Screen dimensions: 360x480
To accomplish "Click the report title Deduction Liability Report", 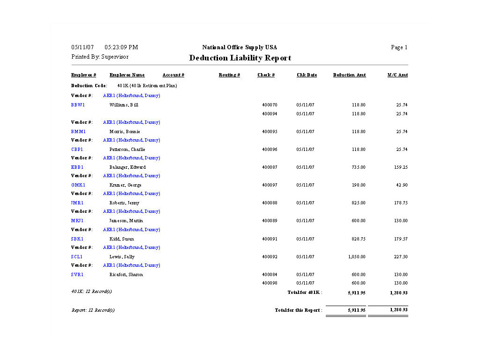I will pyautogui.click(x=240, y=58).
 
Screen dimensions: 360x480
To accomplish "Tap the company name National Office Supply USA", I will pyautogui.click(x=240, y=47).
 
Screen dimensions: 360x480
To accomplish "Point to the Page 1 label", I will pyautogui.click(x=399, y=47).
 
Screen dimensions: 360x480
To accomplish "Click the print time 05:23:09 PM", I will pyautogui.click(x=121, y=47).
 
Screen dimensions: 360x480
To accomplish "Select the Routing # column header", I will pyautogui.click(x=229, y=75).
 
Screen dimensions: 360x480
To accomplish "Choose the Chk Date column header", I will pyautogui.click(x=307, y=75).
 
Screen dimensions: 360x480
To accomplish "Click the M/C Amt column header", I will pyautogui.click(x=397, y=75).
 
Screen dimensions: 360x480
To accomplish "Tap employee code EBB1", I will pyautogui.click(x=77, y=167).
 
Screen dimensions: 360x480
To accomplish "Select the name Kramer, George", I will pyautogui.click(x=125, y=185).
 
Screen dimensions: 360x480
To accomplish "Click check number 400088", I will pyautogui.click(x=270, y=203).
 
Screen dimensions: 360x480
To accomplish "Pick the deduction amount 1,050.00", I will pyautogui.click(x=356, y=257).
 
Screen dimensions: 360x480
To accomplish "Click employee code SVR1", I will pyautogui.click(x=77, y=275).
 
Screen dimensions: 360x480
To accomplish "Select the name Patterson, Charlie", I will pyautogui.click(x=127, y=150).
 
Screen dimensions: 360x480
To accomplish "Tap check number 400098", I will pyautogui.click(x=270, y=283).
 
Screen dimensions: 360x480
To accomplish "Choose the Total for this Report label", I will pyautogui.click(x=298, y=310).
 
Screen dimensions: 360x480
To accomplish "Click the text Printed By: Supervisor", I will pyautogui.click(x=100, y=57).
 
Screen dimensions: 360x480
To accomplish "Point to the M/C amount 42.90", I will pyautogui.click(x=402, y=185).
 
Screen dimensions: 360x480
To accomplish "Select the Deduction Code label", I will pyautogui.click(x=89, y=86).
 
